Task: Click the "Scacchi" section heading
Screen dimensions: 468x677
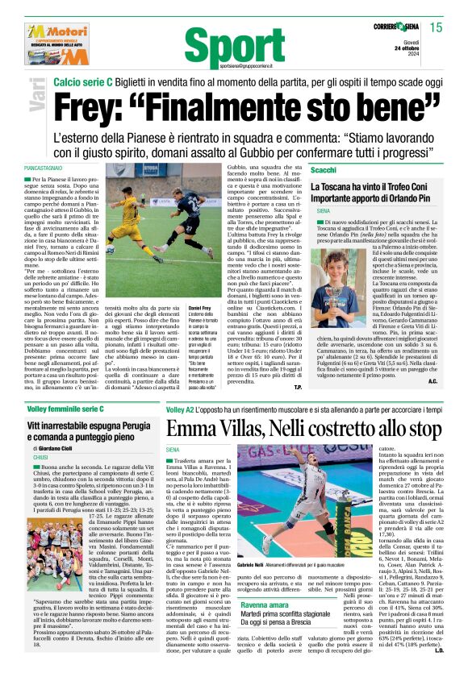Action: (x=324, y=172)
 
